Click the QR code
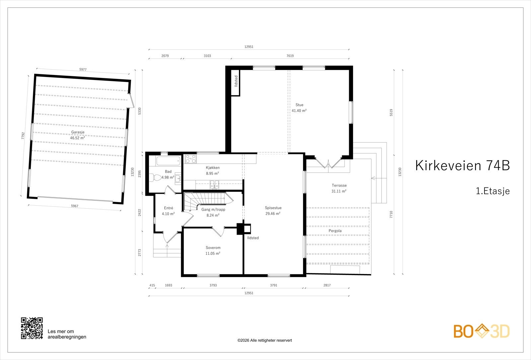[x=32, y=328]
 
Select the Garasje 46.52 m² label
[x=77, y=135]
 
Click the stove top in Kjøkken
[x=190, y=159]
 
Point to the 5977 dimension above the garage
[x=83, y=69]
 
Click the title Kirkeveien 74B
[x=462, y=166]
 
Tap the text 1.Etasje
[x=493, y=191]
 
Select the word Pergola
[x=335, y=231]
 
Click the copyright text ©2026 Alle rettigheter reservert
[x=265, y=340]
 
